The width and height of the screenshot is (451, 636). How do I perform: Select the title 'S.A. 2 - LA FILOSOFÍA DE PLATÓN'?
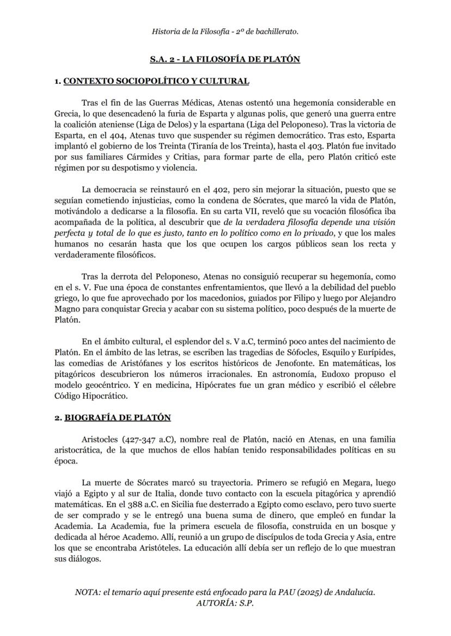click(x=225, y=59)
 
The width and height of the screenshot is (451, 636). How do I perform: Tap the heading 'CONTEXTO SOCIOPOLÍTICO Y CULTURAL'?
click(x=156, y=81)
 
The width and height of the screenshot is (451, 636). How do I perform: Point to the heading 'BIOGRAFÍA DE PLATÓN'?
click(x=117, y=417)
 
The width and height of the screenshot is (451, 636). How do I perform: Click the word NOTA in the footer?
click(x=88, y=592)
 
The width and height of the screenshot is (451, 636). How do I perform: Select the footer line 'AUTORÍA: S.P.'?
click(x=225, y=603)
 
